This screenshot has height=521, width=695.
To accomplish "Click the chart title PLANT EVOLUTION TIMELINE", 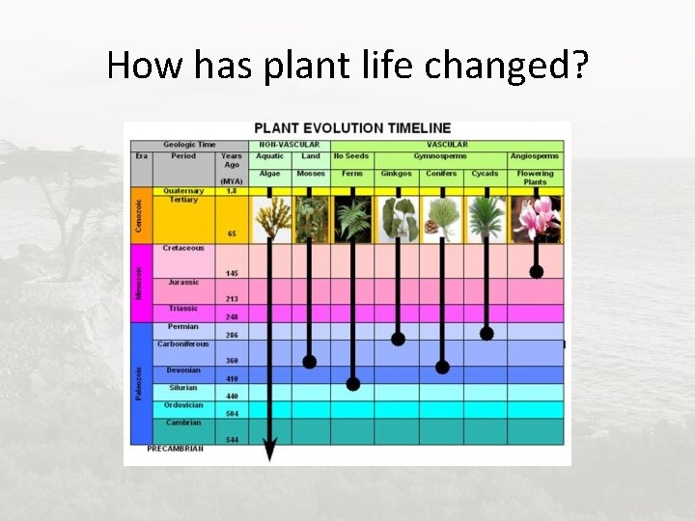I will (351, 127).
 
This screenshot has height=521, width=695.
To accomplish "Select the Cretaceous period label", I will (183, 248).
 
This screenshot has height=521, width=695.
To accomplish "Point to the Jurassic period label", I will (183, 282).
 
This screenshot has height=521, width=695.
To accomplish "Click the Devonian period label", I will (183, 370).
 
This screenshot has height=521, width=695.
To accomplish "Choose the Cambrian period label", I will (183, 423).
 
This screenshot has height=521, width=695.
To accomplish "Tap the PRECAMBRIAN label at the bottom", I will (175, 449).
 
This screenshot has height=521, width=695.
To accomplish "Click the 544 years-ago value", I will (232, 440).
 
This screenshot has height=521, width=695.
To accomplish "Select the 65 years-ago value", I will (232, 233).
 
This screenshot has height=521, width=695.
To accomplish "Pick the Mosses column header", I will (311, 174).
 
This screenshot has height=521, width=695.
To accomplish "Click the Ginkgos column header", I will (396, 174).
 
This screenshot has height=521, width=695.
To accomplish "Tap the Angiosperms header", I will (535, 156).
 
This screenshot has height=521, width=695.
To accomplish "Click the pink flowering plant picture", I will (535, 218).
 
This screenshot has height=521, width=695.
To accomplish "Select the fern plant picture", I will (352, 218).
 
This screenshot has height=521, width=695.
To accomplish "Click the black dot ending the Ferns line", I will (353, 384).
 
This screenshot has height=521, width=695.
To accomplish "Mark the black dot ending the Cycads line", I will (486, 334).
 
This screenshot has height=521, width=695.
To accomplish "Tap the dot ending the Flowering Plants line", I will (536, 272).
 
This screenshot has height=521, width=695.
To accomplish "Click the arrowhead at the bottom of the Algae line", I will (270, 450).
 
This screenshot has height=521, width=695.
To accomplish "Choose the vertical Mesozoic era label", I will (139, 282).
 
